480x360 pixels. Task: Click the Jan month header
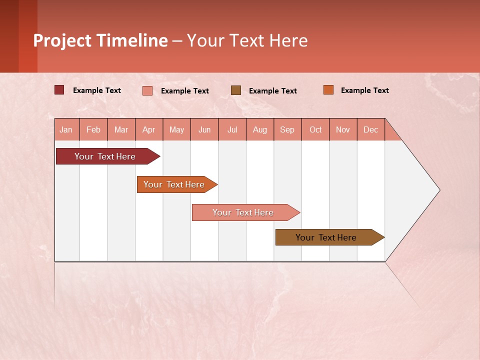point(66,129)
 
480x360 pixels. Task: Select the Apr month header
point(148,129)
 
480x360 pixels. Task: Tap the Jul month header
point(232,129)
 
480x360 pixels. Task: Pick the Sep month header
point(287,129)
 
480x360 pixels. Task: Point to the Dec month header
point(370,129)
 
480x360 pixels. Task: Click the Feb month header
point(93,129)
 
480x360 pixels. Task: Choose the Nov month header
point(343,129)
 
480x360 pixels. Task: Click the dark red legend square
point(59,90)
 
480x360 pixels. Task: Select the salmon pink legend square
point(147,90)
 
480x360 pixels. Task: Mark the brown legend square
point(236,90)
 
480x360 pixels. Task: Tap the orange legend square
point(328,90)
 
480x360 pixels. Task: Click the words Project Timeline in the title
point(100,40)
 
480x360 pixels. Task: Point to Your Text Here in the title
point(247,40)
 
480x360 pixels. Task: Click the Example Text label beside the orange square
point(364,90)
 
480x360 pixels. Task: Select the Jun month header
point(204,129)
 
